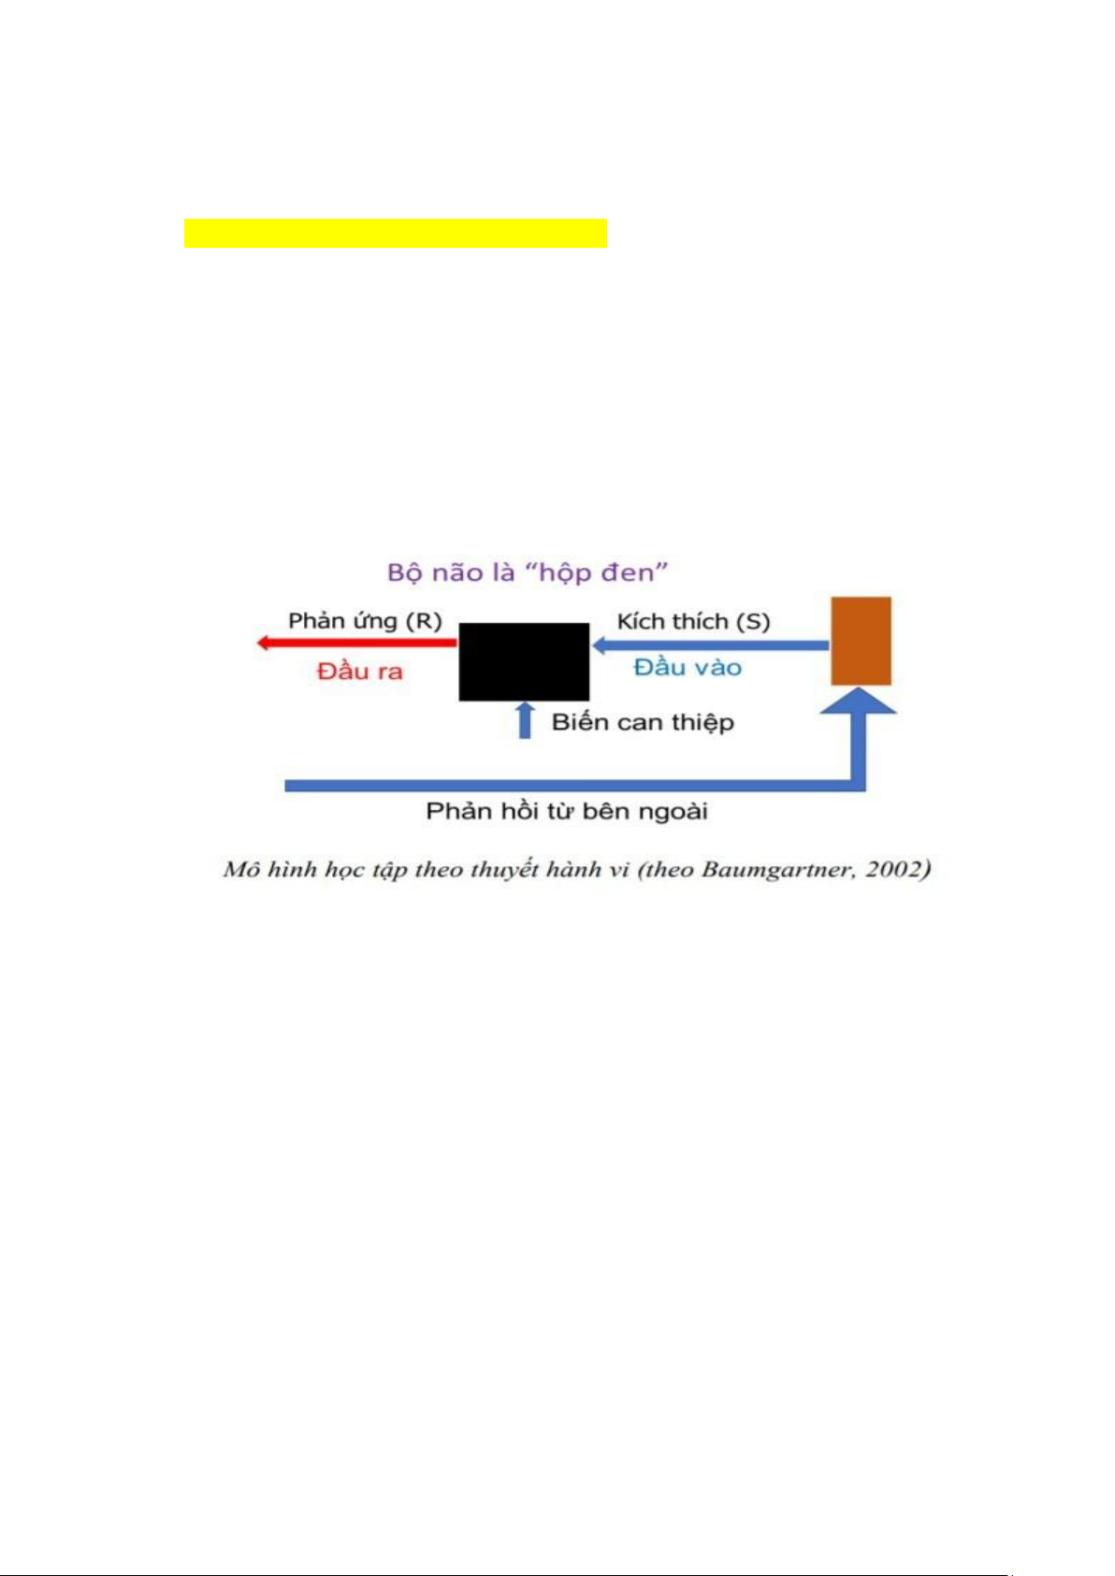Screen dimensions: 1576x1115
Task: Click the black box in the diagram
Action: click(524, 661)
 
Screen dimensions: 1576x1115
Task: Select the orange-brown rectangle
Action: click(861, 641)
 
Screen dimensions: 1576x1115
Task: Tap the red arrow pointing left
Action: click(355, 643)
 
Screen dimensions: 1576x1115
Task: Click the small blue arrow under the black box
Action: click(525, 719)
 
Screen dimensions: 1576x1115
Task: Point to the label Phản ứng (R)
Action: click(365, 621)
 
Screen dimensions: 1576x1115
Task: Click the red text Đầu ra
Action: click(360, 671)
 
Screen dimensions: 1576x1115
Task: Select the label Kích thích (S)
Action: click(693, 621)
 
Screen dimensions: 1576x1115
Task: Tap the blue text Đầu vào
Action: click(688, 667)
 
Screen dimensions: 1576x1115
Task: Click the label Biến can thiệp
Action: click(643, 722)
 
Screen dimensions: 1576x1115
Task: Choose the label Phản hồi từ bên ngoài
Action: click(567, 811)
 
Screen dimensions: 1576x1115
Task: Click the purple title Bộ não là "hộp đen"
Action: click(528, 572)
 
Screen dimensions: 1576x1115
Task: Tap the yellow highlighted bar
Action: click(396, 233)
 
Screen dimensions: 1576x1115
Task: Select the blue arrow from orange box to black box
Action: click(711, 644)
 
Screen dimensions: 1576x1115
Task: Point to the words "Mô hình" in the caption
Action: click(266, 870)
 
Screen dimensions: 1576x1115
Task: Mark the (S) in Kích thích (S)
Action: click(753, 621)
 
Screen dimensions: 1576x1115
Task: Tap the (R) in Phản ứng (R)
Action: click(425, 621)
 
